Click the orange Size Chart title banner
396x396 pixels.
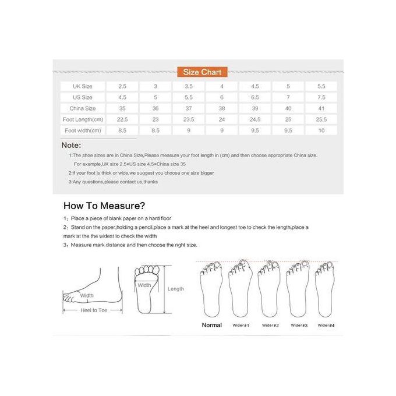pyautogui.click(x=202, y=72)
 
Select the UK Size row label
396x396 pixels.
pyautogui.click(x=82, y=86)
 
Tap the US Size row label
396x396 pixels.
pyautogui.click(x=82, y=97)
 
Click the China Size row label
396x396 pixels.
pyautogui.click(x=82, y=108)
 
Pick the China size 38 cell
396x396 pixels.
pyautogui.click(x=221, y=108)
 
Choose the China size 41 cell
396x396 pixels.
pyautogui.click(x=321, y=108)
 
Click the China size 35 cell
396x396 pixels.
pyautogui.click(x=122, y=108)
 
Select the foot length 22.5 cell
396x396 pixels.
pyautogui.click(x=122, y=119)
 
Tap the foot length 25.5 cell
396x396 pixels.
pyautogui.click(x=321, y=119)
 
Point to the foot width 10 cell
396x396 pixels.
pyautogui.click(x=321, y=130)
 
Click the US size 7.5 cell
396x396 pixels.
pyautogui.click(x=321, y=97)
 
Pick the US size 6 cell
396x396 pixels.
pyautogui.click(x=221, y=97)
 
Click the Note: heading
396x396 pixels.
pyautogui.click(x=71, y=145)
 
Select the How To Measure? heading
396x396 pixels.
pyautogui.click(x=104, y=206)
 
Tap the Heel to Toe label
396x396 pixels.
pyautogui.click(x=93, y=310)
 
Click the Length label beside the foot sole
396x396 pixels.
pyautogui.click(x=175, y=289)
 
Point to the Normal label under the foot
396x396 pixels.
pyautogui.click(x=211, y=325)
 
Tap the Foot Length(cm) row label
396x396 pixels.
pyautogui.click(x=82, y=119)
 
